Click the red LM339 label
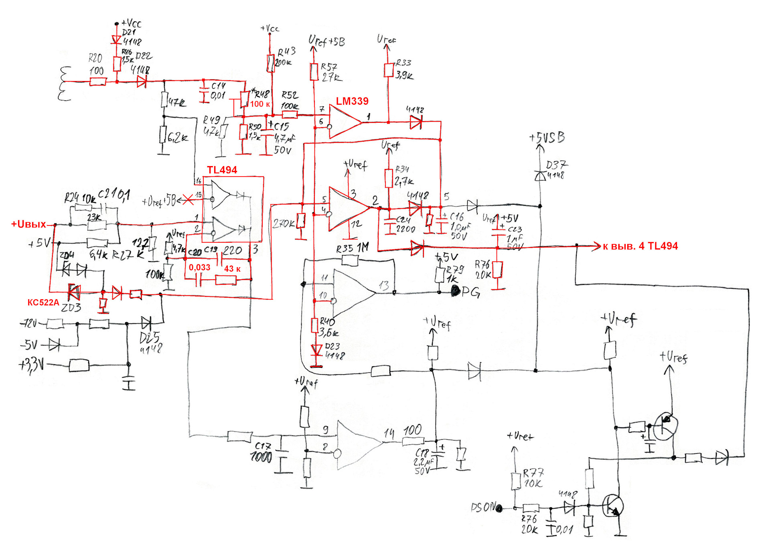click(x=352, y=101)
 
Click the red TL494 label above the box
click(x=222, y=170)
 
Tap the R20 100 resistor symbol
click(x=98, y=81)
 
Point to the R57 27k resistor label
click(x=330, y=72)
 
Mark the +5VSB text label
click(x=547, y=138)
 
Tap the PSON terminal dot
click(x=499, y=509)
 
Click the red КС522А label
click(x=43, y=302)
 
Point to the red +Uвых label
click(x=28, y=224)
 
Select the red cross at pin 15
click(x=188, y=199)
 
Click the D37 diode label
click(x=557, y=169)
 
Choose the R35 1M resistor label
click(x=352, y=249)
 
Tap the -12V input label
click(x=29, y=323)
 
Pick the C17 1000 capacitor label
click(x=261, y=452)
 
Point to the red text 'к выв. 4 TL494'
click(x=640, y=246)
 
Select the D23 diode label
click(x=333, y=351)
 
